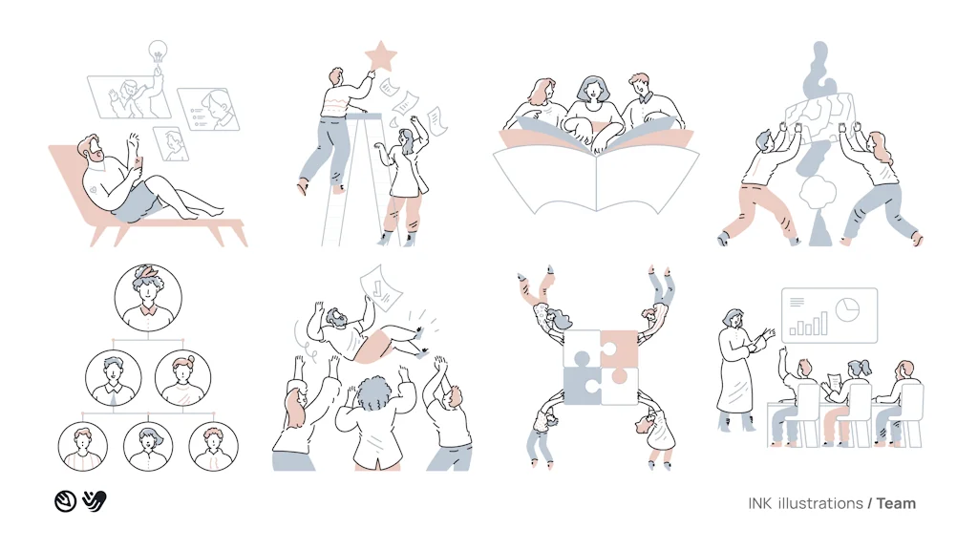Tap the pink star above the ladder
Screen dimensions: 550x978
click(x=381, y=56)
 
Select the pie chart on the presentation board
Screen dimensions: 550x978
click(x=847, y=308)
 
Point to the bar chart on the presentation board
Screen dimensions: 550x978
click(x=808, y=322)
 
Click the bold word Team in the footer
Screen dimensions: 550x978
click(x=896, y=503)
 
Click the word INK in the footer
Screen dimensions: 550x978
click(x=760, y=503)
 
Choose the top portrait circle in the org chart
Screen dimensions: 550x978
click(x=148, y=296)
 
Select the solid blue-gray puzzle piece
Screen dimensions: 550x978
click(x=581, y=387)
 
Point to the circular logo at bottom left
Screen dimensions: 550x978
click(x=65, y=500)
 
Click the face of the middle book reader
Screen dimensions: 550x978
click(x=591, y=91)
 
